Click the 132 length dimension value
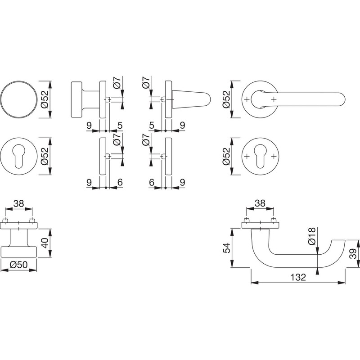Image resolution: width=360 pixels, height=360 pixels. (298, 277)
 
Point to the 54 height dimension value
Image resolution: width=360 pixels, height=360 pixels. (227, 248)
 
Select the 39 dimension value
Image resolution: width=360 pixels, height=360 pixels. (353, 254)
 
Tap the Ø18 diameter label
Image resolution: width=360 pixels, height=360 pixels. (312, 236)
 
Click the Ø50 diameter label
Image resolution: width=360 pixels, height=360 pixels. (18, 265)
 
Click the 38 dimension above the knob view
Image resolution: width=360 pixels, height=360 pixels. (18, 203)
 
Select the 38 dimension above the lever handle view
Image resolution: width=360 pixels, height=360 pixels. (260, 203)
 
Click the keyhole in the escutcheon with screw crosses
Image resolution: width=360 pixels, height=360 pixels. (260, 156)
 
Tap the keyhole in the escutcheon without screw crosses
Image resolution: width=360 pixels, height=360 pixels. (19, 156)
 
